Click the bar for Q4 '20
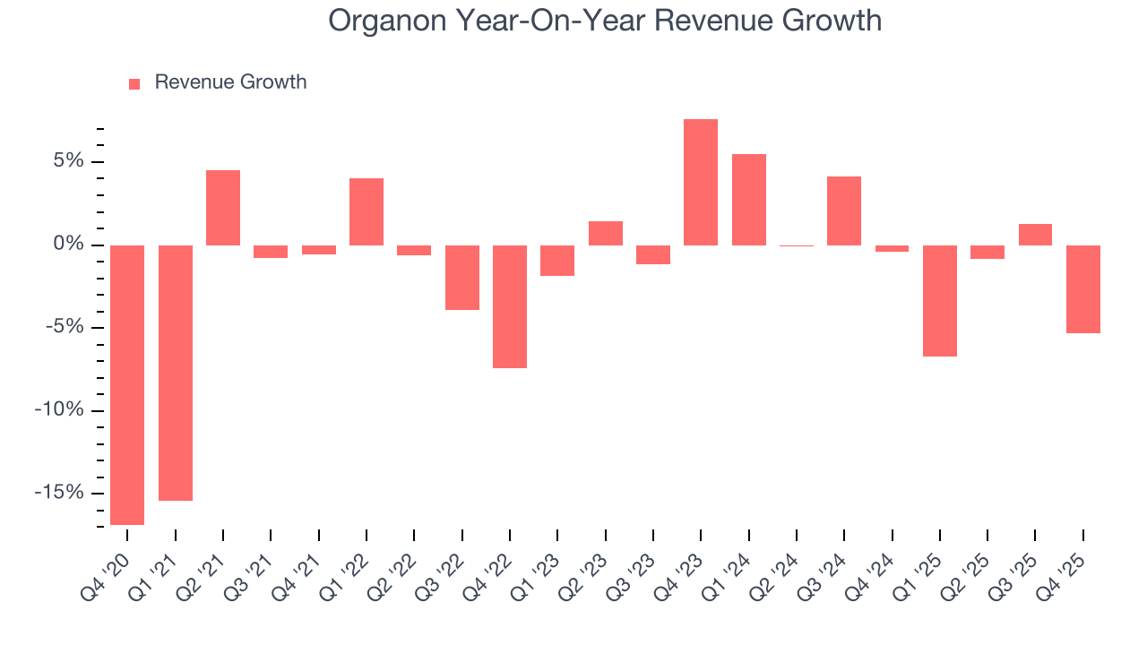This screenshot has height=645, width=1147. (x=127, y=384)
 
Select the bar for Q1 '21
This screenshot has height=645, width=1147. (x=176, y=373)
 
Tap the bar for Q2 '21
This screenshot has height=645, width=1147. (x=223, y=208)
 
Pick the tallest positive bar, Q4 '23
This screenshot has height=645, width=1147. (x=701, y=182)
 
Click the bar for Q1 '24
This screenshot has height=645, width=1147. (x=749, y=200)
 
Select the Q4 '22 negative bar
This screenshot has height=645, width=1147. (x=510, y=306)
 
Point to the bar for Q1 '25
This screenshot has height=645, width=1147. (x=940, y=301)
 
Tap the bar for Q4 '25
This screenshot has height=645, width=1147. (x=1083, y=289)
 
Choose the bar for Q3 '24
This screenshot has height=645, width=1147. (x=844, y=211)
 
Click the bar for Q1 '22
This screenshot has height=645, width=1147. (x=367, y=211)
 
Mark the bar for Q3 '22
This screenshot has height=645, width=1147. (x=462, y=278)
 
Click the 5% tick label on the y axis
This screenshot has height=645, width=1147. (x=68, y=161)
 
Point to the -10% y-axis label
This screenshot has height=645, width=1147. (x=60, y=410)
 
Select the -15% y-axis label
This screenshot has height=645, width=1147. (x=60, y=493)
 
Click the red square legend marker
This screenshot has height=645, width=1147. (x=134, y=83)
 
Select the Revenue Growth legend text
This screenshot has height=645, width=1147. (x=230, y=82)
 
